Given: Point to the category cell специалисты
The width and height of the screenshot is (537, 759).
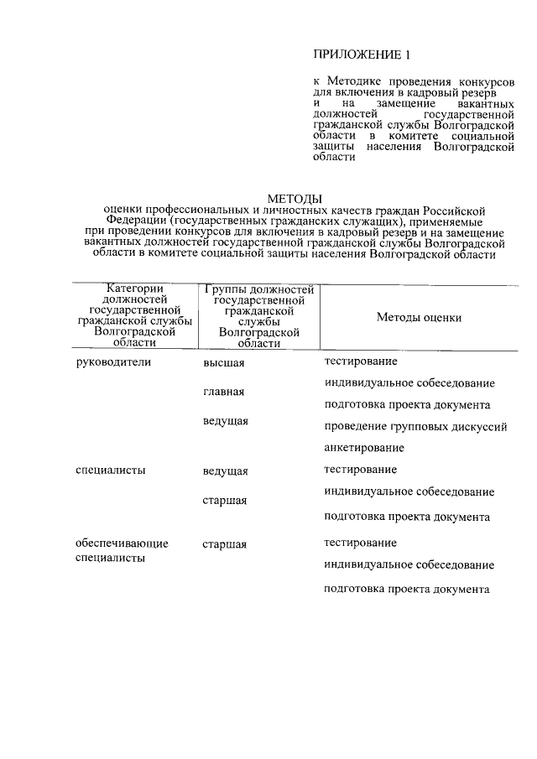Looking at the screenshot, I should click(x=110, y=470).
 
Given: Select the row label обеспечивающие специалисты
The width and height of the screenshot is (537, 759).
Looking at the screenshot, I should click(x=122, y=550).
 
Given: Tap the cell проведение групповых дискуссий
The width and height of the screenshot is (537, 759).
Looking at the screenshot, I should click(x=415, y=426).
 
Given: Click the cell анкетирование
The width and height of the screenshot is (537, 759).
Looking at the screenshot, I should click(x=364, y=448).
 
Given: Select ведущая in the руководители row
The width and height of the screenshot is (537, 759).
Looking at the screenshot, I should click(x=225, y=421).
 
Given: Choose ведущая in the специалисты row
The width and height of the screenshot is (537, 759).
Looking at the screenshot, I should click(x=225, y=471).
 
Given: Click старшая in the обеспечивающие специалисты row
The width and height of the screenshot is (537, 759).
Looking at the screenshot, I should click(x=224, y=544).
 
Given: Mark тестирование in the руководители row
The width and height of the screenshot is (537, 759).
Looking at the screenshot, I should click(x=361, y=361).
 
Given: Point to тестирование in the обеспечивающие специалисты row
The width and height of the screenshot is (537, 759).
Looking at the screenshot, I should click(x=361, y=543).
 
